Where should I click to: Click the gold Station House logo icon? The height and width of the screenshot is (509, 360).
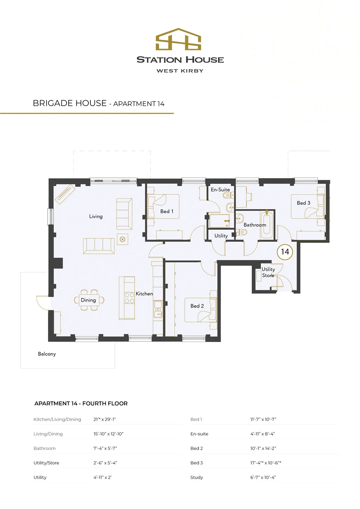[x=178, y=39]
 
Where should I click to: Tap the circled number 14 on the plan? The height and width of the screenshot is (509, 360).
[x=285, y=252]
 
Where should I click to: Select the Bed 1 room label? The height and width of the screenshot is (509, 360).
[x=167, y=211]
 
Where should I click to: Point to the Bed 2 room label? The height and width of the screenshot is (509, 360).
[x=197, y=306]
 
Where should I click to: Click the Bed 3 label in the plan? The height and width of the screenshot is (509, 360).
[x=303, y=203]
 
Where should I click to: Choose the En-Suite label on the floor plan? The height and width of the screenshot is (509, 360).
[x=220, y=190]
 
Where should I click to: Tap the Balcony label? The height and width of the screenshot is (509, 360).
[x=47, y=354]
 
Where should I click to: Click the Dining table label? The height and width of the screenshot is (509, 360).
[x=88, y=300]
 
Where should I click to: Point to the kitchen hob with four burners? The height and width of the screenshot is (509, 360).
[x=129, y=298]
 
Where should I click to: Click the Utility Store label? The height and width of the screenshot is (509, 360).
[x=268, y=272]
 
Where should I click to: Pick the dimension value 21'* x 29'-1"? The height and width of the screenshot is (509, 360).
[x=105, y=419]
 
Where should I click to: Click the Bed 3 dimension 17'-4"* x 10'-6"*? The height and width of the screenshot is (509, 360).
[x=265, y=463]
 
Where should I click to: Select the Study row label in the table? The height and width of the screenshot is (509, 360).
[x=196, y=478]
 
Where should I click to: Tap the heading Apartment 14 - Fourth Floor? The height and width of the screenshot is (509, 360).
[x=81, y=403]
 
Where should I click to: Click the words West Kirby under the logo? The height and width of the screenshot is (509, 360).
[x=180, y=71]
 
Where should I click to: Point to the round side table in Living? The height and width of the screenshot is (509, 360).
[x=123, y=239]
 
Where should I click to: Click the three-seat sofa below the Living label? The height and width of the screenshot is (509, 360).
[x=99, y=246]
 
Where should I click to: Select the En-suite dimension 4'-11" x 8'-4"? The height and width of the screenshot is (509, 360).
[x=262, y=434]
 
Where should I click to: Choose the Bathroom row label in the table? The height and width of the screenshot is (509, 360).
[x=45, y=448]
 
